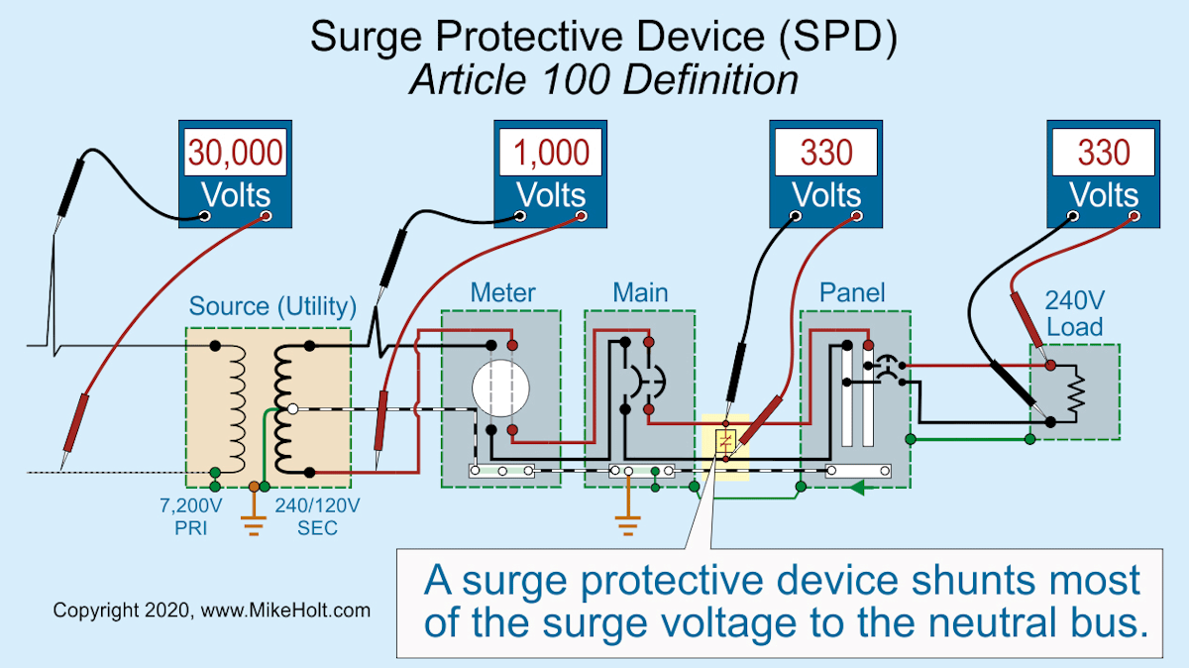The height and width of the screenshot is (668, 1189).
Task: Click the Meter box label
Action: (x=502, y=292)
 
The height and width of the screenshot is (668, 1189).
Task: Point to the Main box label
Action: (x=640, y=292)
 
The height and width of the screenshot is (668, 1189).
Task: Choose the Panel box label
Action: (x=852, y=292)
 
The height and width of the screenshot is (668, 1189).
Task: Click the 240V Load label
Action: (x=1075, y=313)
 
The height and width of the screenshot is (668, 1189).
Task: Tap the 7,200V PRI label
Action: (x=191, y=516)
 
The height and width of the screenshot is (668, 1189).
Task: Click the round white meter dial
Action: (x=495, y=387)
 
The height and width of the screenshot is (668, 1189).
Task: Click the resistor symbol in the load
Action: (x=1075, y=390)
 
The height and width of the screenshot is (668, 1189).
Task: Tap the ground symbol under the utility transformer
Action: (x=256, y=522)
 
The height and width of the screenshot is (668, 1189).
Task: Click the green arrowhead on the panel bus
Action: (x=858, y=487)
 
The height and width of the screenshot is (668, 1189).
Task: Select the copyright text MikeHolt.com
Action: (x=211, y=610)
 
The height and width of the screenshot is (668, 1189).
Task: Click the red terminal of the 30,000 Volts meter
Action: (x=265, y=215)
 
